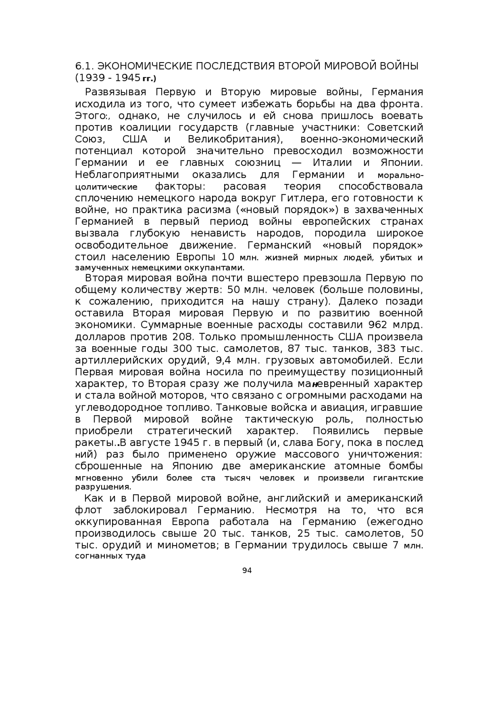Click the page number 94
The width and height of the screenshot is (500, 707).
[247, 570]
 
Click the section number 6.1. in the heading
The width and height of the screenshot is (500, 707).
[84, 66]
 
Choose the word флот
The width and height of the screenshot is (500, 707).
[88, 510]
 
